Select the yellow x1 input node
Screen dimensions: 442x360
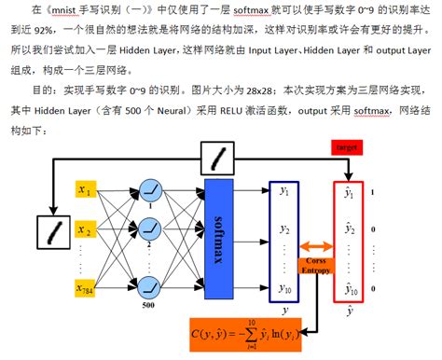pos(87,191)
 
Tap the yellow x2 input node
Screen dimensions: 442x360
pos(87,228)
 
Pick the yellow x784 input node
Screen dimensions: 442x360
pos(87,289)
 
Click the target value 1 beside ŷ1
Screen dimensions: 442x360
pos(372,193)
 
